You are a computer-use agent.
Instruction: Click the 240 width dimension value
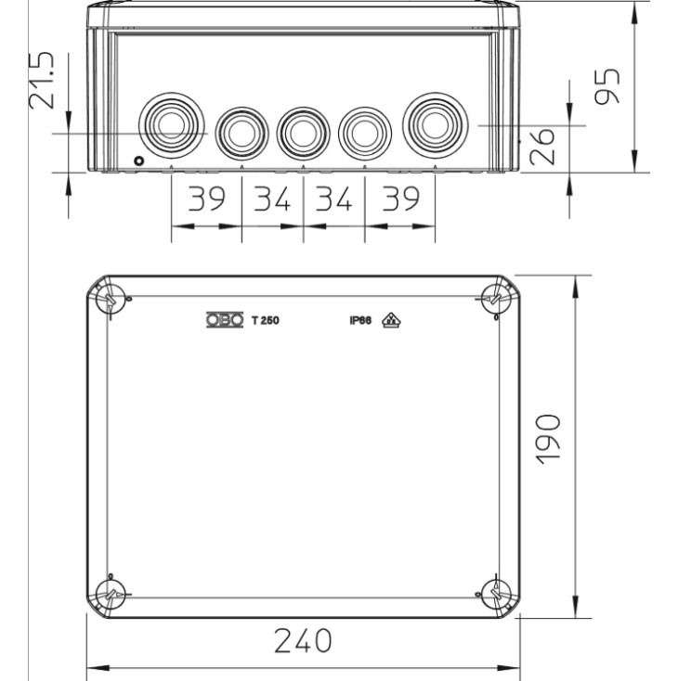click(303, 640)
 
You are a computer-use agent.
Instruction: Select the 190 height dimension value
click(548, 440)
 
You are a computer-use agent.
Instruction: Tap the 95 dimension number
click(607, 86)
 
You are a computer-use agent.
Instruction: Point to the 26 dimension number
click(542, 147)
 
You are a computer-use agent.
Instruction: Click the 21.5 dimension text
click(42, 81)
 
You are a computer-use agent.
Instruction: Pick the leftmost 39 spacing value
click(206, 199)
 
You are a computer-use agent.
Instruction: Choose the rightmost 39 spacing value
click(401, 199)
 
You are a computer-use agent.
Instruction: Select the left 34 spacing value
click(272, 199)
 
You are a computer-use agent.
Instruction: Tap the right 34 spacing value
click(334, 199)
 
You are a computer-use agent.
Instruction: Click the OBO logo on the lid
click(225, 320)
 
